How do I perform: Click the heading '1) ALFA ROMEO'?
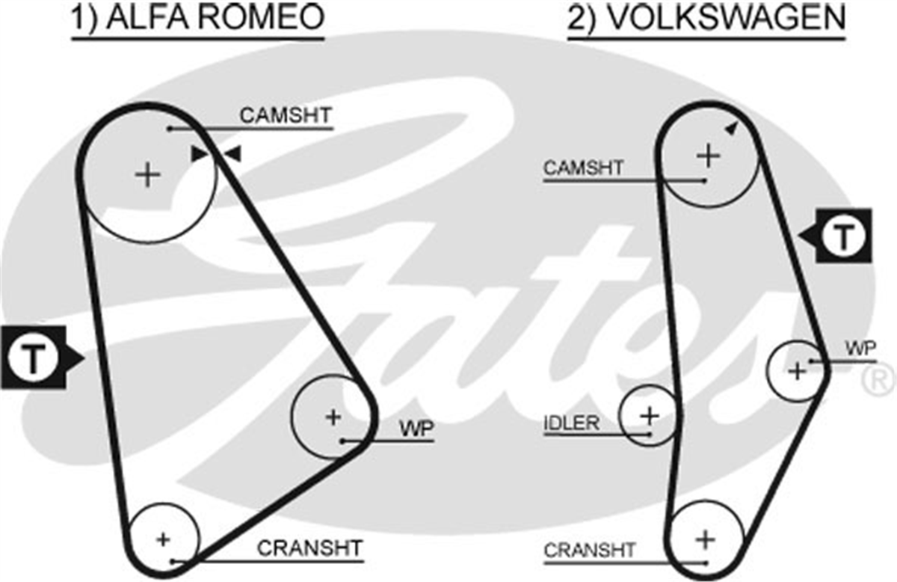tap(197, 17)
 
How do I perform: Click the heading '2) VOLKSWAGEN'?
tap(706, 17)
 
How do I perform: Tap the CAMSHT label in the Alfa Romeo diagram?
tap(286, 115)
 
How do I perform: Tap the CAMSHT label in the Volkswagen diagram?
tap(584, 168)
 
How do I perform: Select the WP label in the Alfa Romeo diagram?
tap(416, 429)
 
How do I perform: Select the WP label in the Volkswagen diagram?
tap(860, 349)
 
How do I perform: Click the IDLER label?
tap(571, 423)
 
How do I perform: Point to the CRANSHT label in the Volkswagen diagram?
tap(590, 551)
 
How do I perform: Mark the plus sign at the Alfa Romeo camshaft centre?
tap(148, 175)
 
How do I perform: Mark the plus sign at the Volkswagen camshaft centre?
tap(709, 156)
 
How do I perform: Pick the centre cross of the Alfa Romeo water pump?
tap(333, 417)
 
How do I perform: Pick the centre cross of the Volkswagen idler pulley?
tap(650, 416)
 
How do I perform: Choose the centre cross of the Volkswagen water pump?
tap(797, 371)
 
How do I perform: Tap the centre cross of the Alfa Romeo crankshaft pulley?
tap(163, 539)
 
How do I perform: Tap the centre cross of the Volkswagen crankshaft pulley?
tap(706, 539)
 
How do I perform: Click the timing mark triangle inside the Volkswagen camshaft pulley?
tap(732, 128)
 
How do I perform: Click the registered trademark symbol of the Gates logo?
tap(879, 380)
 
